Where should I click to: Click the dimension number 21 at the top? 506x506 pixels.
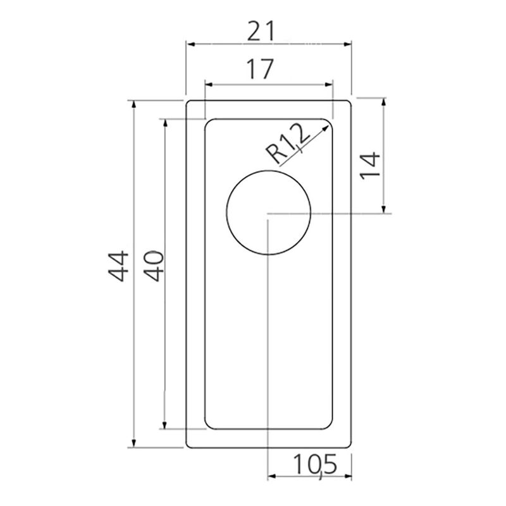click(x=261, y=31)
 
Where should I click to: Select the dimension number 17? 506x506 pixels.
click(x=260, y=69)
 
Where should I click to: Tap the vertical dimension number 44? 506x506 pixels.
click(x=118, y=266)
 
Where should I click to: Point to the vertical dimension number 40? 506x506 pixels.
click(x=154, y=266)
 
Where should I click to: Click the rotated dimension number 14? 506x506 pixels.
click(x=370, y=165)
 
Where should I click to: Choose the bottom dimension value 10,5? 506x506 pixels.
click(x=314, y=465)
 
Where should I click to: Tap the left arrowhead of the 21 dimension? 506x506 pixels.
click(x=191, y=44)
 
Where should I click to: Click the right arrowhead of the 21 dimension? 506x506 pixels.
click(x=347, y=44)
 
